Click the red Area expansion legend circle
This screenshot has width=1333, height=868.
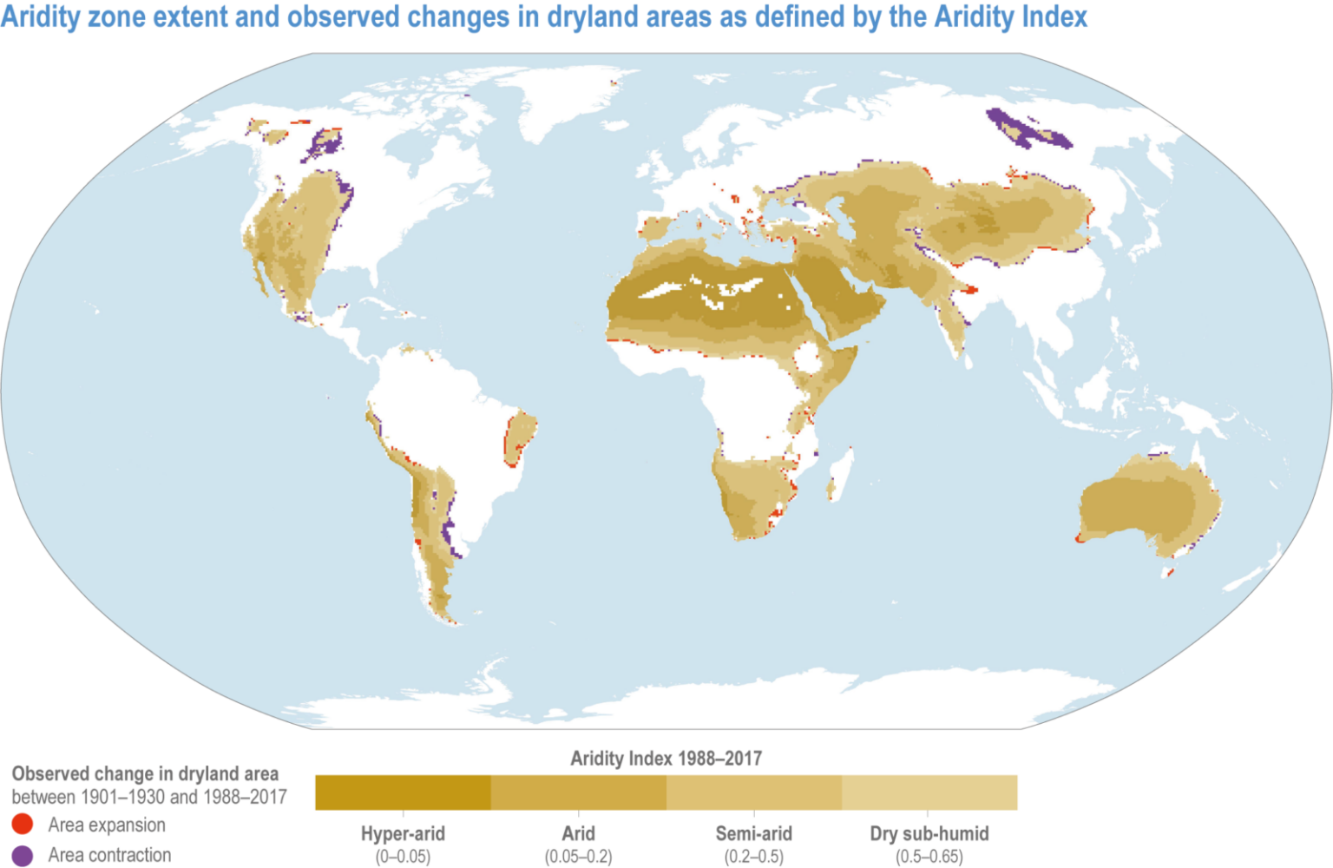23,825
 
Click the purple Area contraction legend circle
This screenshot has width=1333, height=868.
23,855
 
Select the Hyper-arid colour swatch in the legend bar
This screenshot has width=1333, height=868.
403,792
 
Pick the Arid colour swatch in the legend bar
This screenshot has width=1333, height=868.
578,792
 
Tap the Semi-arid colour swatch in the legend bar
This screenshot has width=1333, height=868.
753,792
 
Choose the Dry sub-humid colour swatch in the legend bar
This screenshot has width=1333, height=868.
929,792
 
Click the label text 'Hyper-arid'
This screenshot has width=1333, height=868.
403,834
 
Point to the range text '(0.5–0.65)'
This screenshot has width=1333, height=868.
929,857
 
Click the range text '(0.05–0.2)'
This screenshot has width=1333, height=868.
578,857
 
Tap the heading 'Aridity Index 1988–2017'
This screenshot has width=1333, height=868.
666,759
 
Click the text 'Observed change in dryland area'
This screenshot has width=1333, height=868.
145,773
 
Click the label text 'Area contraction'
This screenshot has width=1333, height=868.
109,855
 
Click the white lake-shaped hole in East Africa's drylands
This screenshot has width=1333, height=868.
807,357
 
